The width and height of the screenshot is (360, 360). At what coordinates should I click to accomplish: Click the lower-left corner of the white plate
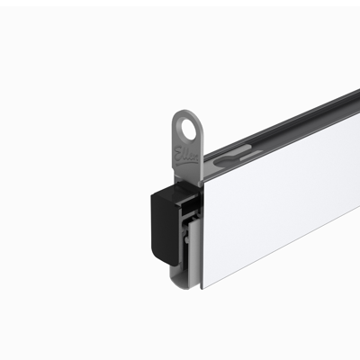pos(203,286)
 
